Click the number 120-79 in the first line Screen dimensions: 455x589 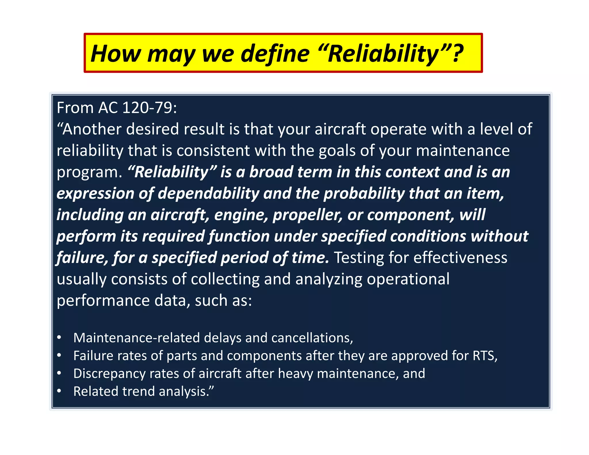147,108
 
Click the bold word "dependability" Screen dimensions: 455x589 209,193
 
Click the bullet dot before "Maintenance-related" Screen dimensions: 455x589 59,337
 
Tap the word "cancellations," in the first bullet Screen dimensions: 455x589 312,338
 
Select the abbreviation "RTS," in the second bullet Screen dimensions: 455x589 485,355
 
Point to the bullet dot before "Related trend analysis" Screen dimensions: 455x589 59,391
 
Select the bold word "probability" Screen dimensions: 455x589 364,193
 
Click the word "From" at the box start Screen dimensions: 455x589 75,108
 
